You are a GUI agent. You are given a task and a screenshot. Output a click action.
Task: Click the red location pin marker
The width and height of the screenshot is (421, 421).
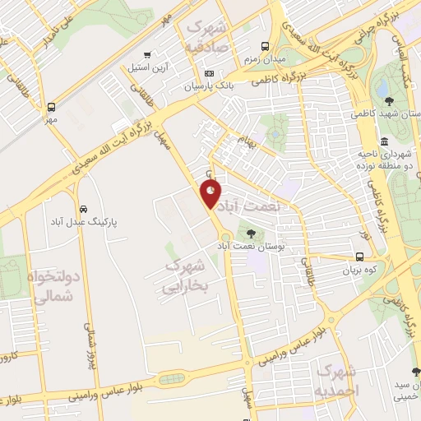pyautogui.click(x=211, y=194)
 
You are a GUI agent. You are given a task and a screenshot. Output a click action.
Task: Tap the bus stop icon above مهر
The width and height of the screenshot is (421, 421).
pyautogui.click(x=52, y=107)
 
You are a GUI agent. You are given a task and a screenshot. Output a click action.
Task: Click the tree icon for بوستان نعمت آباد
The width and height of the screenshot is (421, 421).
pyautogui.click(x=250, y=233)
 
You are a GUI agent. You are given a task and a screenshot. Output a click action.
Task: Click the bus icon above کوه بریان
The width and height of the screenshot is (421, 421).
pyautogui.click(x=363, y=256)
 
